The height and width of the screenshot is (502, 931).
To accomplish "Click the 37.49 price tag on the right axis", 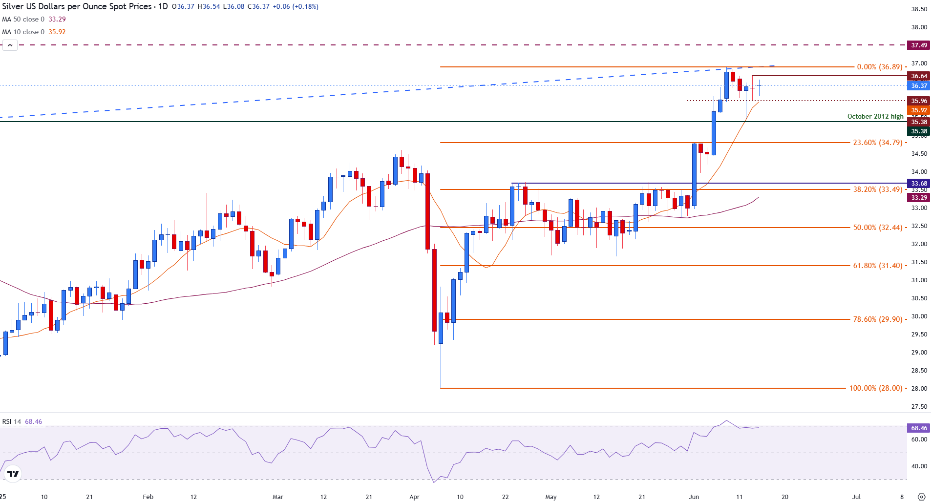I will (x=918, y=45).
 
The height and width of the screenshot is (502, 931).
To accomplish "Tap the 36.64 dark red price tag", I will (x=918, y=76).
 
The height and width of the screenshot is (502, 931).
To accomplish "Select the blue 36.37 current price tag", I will (x=918, y=86).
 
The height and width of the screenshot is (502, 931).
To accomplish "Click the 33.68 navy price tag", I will (x=918, y=184).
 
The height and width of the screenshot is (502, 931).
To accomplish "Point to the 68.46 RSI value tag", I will (x=918, y=428).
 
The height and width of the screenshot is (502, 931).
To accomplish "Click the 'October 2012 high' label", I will (x=875, y=116).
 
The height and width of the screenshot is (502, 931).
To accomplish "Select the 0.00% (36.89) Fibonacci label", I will (x=879, y=67).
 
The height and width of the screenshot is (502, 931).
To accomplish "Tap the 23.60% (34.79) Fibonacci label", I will (x=877, y=143).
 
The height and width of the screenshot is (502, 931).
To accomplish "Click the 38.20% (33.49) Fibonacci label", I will (x=877, y=189).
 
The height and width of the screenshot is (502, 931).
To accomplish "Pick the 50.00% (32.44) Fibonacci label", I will (x=877, y=228).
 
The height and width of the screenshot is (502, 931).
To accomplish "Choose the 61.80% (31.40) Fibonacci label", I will (x=877, y=266).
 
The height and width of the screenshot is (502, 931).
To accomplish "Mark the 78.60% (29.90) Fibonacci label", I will (x=877, y=319).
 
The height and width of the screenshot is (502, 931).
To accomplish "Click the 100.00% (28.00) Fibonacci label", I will (x=875, y=388).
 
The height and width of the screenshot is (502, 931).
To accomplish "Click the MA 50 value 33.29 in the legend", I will (x=57, y=20).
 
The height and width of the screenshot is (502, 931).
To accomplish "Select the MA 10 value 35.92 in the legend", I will (x=57, y=32).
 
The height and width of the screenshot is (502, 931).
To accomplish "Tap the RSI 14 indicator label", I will (x=12, y=421).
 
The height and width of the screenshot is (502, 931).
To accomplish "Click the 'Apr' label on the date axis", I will (x=414, y=497).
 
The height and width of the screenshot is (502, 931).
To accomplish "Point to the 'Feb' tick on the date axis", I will (x=148, y=497).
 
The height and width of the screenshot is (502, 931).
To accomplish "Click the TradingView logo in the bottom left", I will (x=13, y=474).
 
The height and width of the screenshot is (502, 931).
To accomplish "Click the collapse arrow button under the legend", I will (x=10, y=45).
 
